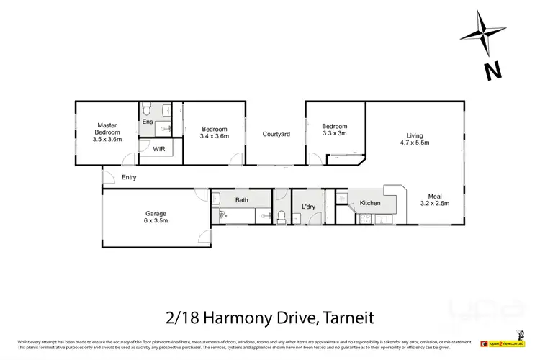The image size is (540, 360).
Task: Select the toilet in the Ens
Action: (145, 109)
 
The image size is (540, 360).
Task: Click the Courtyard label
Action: (276, 134)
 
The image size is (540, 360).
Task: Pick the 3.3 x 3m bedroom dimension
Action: (334, 133)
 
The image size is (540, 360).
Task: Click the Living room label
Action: (414, 135)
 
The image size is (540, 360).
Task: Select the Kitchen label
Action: (370, 204)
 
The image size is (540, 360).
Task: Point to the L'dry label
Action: (309, 207)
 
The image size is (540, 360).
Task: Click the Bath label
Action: (241, 200)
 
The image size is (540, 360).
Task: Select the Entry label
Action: (130, 177)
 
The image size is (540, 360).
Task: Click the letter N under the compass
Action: (492, 71)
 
